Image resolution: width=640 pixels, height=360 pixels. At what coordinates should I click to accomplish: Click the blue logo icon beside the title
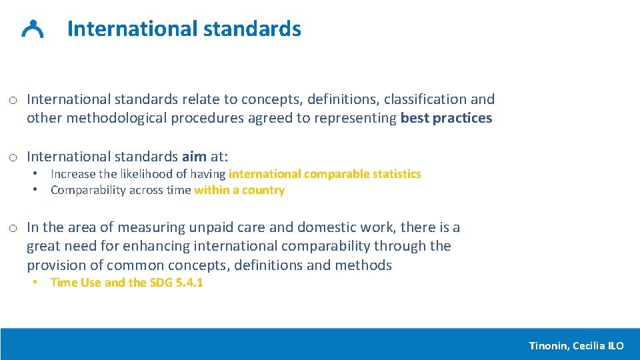click(33, 29)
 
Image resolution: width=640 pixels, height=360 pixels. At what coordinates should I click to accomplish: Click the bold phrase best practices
click(446, 118)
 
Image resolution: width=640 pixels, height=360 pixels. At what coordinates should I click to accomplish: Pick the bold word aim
click(194, 157)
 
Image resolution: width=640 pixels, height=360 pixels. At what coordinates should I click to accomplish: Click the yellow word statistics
click(397, 174)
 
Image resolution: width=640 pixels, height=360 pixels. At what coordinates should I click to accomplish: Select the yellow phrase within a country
click(239, 190)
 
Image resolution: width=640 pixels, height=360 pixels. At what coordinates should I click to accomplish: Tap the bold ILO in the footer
click(616, 345)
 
